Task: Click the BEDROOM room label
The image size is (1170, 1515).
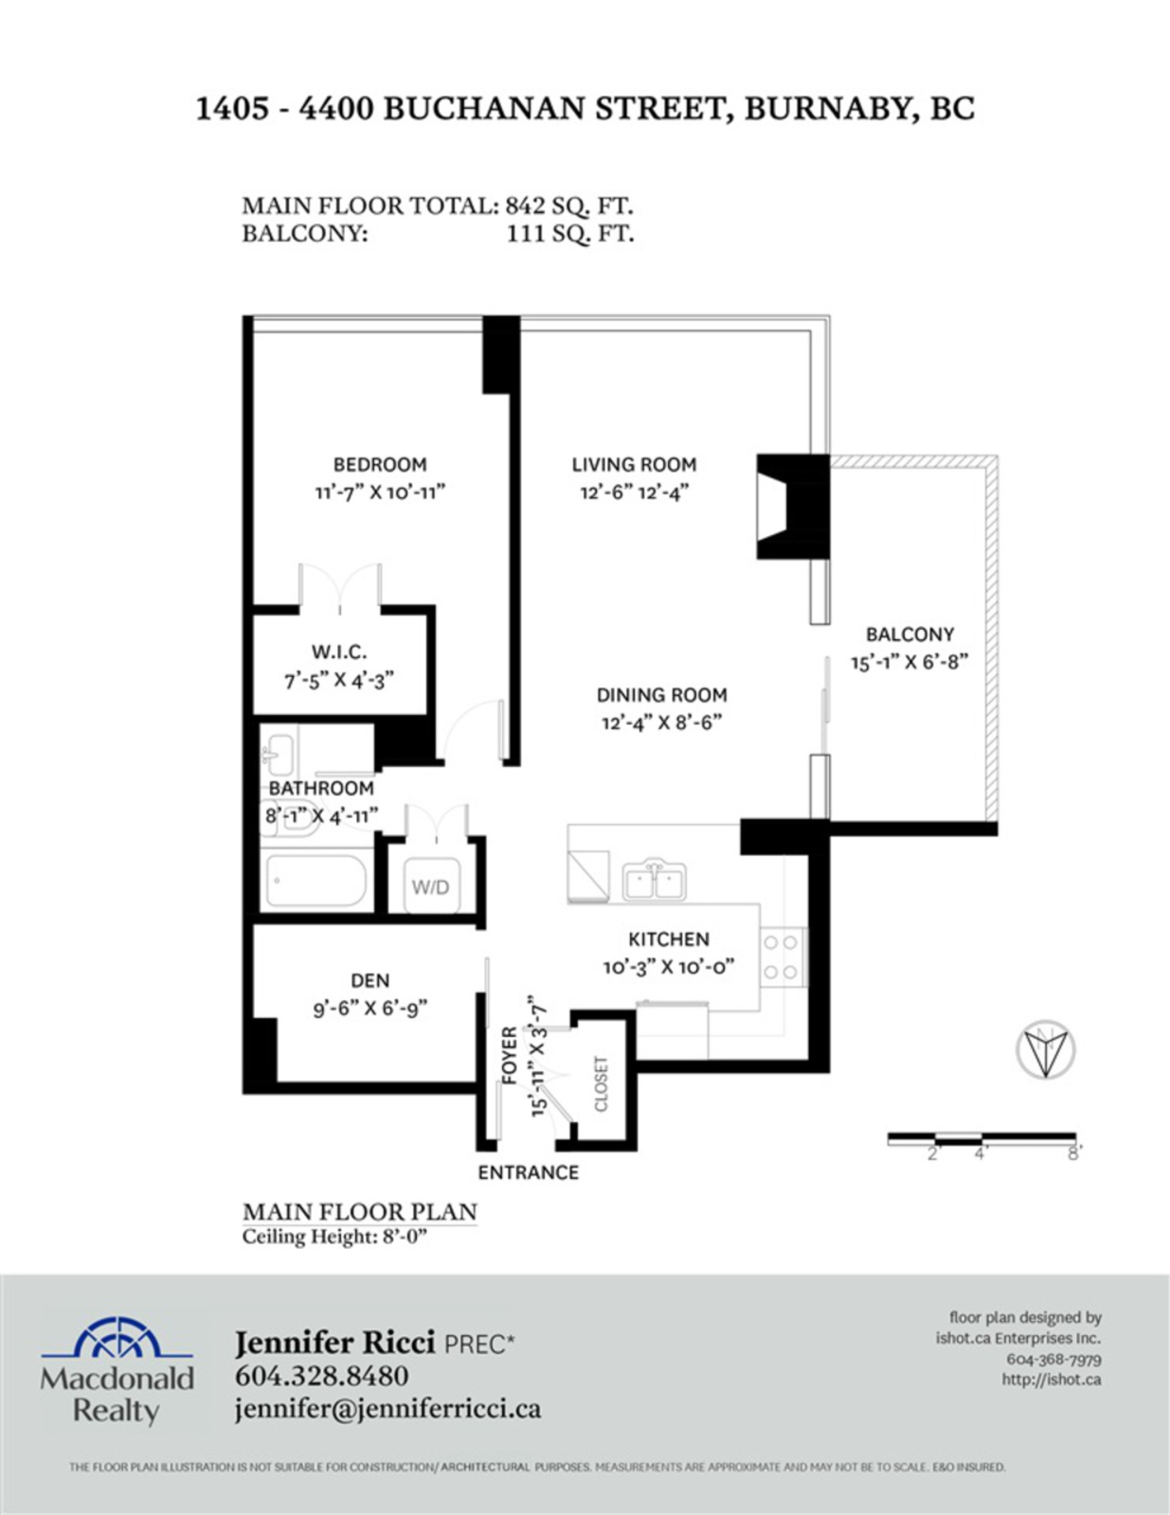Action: coord(380,465)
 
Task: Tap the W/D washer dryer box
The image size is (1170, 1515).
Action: coord(430,886)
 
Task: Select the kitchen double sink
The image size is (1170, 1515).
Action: coord(654,881)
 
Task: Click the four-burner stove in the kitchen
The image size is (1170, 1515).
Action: coord(781,957)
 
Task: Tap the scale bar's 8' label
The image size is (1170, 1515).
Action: coord(1074,1154)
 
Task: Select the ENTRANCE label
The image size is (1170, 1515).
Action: coord(528,1173)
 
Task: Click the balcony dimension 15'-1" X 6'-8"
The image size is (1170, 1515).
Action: coord(909,662)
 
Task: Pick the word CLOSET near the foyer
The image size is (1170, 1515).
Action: coord(602,1083)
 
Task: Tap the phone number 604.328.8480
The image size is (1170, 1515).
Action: coord(321,1375)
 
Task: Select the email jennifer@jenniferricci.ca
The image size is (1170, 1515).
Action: coord(388,1409)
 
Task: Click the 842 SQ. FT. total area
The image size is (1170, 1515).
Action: coord(569,206)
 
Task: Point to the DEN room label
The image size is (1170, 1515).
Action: coord(370,981)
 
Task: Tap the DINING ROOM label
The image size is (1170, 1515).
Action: coord(662,695)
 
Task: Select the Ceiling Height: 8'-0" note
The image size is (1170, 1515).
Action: coord(334,1236)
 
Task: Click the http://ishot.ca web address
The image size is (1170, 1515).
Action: coord(1051,1379)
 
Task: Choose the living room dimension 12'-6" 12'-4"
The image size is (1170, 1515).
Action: coord(634,492)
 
